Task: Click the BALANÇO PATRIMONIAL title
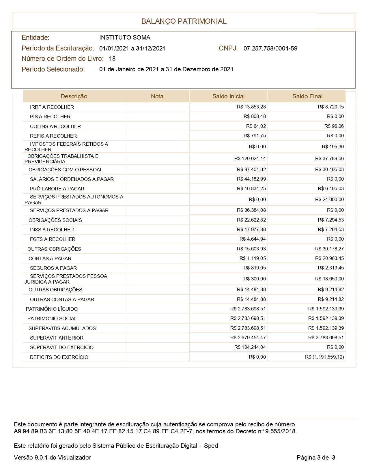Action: (184, 21)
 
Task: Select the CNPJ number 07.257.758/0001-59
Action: (270, 48)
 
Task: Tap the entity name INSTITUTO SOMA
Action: (125, 38)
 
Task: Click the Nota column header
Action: (157, 96)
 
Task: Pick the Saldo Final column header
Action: (307, 96)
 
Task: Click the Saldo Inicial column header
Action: (228, 96)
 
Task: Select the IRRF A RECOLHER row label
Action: (52, 107)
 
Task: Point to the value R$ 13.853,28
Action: (251, 107)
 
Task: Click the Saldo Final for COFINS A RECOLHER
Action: (334, 126)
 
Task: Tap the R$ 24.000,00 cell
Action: (329, 199)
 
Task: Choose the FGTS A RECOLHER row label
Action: (53, 239)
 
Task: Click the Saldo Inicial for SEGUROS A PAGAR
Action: (255, 268)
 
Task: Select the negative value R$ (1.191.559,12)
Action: (324, 357)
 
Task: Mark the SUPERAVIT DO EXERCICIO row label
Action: (62, 347)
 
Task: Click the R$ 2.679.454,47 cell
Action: (248, 338)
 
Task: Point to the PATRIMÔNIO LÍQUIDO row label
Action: (52, 309)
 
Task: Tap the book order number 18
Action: (112, 59)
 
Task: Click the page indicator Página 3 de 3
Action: (316, 458)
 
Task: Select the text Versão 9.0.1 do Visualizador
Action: (52, 458)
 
